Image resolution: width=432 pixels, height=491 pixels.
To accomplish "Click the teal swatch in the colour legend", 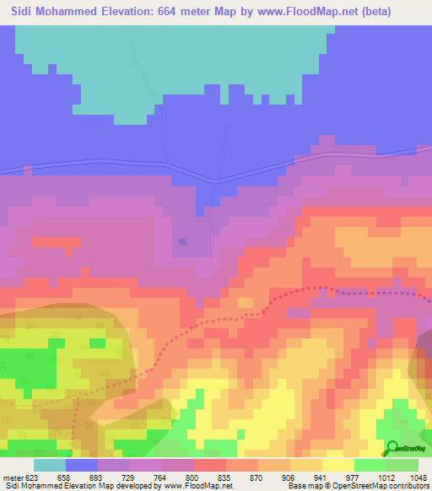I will coord(50,464).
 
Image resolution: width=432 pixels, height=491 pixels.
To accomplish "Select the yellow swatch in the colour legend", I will coord(338,464).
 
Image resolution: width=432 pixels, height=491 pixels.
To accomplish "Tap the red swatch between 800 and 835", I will coord(210,464).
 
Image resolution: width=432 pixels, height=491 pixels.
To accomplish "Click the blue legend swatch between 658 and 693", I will coord(82,464).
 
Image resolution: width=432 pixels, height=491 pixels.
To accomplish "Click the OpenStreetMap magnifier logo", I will coord(392,449).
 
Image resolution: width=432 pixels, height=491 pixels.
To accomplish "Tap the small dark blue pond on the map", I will coord(182,243).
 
